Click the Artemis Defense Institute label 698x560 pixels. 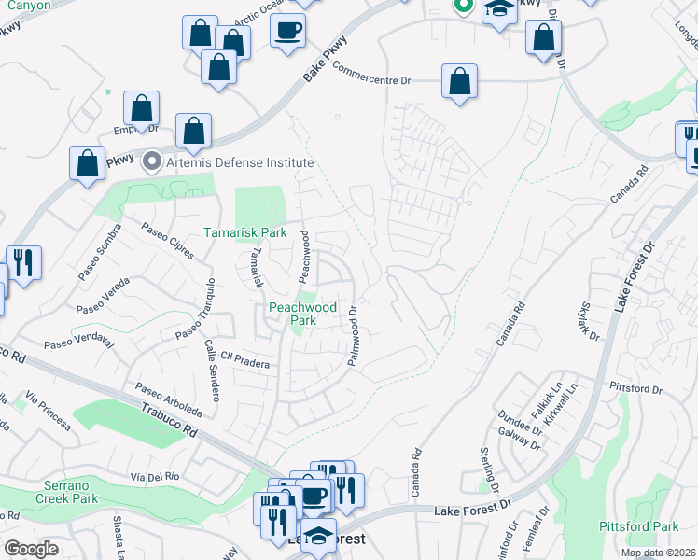tap(226, 162)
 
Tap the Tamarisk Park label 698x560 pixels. tap(246, 231)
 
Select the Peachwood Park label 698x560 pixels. tap(302, 313)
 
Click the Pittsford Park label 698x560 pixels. tap(638, 526)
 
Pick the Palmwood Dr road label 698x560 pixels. tap(355, 337)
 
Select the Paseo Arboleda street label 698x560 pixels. tap(168, 399)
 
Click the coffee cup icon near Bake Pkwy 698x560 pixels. tap(287, 29)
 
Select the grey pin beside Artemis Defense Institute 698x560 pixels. tap(151, 162)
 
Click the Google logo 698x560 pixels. tap(31, 549)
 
